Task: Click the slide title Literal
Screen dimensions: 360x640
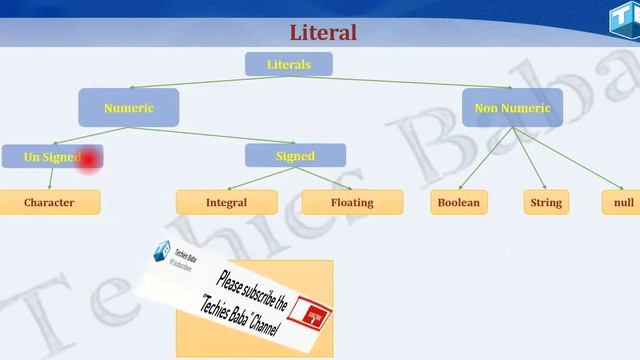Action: [322, 33]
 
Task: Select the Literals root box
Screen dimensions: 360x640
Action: [288, 64]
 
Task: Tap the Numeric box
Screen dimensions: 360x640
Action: [129, 108]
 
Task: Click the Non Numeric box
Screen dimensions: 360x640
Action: [512, 108]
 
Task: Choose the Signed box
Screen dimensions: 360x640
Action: [295, 156]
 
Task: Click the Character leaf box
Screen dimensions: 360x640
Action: [49, 203]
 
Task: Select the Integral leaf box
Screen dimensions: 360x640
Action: [226, 203]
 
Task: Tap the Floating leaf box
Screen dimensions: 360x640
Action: [351, 203]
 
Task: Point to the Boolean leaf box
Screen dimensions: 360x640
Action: [458, 203]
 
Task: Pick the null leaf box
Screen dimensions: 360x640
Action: [624, 203]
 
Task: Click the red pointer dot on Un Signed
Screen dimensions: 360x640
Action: [89, 158]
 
